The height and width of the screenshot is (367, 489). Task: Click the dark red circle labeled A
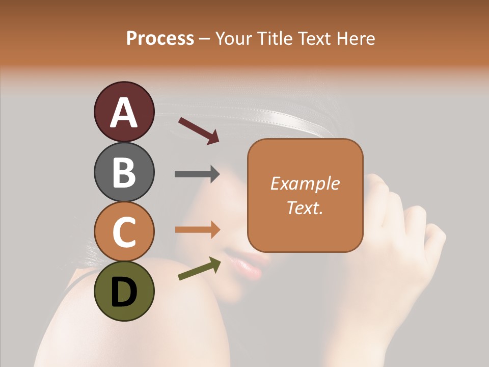coord(124,112)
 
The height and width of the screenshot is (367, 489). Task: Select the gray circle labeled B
coord(124,172)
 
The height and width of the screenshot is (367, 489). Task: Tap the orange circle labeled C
coord(124,231)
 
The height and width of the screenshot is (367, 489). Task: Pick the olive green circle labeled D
coord(124,291)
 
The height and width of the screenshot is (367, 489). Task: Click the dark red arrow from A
coord(198,130)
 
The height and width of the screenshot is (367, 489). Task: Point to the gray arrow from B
coord(197,174)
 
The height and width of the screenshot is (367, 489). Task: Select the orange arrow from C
coord(197,229)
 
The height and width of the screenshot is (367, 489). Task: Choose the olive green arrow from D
coord(199,269)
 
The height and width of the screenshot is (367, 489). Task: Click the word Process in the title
coord(160,38)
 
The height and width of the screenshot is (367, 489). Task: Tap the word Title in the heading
coord(275,38)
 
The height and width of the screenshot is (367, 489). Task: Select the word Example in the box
coord(305,183)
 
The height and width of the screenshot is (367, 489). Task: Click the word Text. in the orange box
coord(305,207)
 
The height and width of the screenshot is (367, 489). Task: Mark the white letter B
coord(124,172)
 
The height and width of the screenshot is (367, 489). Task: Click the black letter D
coord(124,292)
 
